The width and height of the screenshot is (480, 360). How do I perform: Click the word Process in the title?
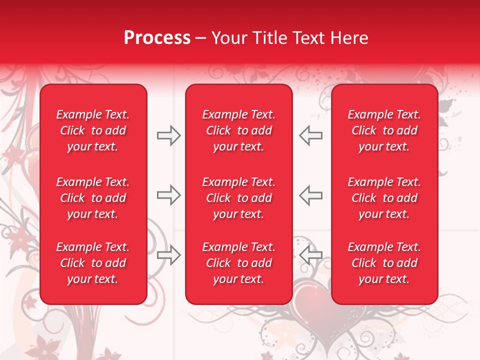(157, 38)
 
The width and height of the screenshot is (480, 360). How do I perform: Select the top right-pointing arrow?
(169, 135)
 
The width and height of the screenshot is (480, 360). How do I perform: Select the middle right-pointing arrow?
(169, 195)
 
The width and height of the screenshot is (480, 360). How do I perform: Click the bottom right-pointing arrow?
(169, 255)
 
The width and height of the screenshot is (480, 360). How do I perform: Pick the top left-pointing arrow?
(310, 135)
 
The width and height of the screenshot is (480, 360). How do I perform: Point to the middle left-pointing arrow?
(310, 195)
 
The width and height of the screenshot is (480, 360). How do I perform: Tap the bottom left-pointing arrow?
(310, 255)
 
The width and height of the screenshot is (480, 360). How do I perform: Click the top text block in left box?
(93, 130)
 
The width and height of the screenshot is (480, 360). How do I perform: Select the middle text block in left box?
(93, 198)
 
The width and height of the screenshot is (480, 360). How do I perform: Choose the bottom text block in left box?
(93, 263)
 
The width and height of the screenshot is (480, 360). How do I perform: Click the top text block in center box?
(238, 130)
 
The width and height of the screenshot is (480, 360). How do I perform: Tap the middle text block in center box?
(238, 198)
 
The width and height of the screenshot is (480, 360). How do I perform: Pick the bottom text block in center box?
(238, 263)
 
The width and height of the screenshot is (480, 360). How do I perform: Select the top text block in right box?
(384, 130)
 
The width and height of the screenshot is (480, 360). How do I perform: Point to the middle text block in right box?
(384, 198)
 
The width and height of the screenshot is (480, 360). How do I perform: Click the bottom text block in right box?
(384, 263)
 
